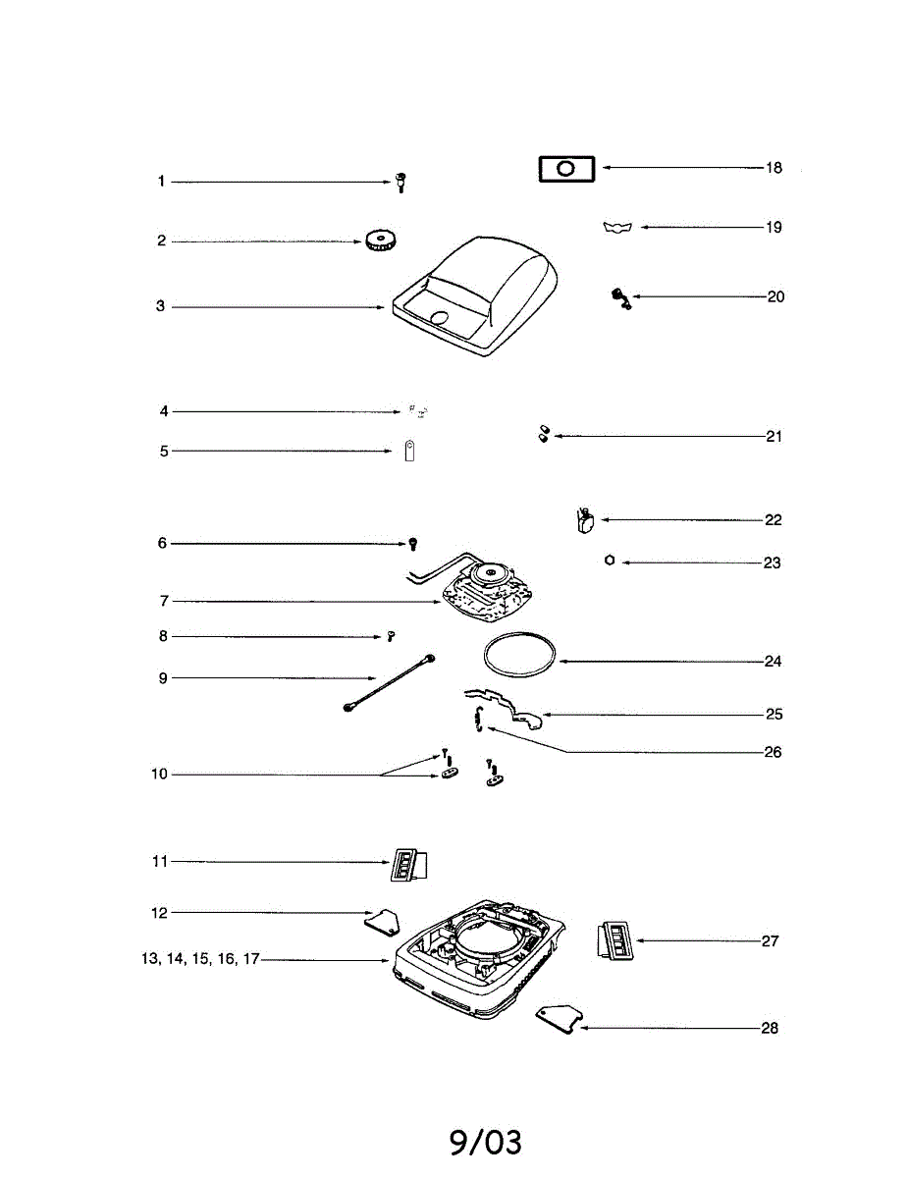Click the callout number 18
pos(774,168)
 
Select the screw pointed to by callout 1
pos(401,181)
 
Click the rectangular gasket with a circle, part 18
pos(566,169)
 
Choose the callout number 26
pos(772,753)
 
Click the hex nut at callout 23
pos(611,561)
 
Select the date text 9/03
pos(486,1142)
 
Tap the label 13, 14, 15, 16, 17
pos(200,959)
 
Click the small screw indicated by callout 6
pos(414,543)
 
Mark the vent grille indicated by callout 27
pos(615,941)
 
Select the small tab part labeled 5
pos(409,451)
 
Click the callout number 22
pos(773,520)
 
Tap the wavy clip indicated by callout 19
pos(617,228)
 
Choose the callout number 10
pos(159,775)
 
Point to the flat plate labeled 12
pos(382,920)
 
